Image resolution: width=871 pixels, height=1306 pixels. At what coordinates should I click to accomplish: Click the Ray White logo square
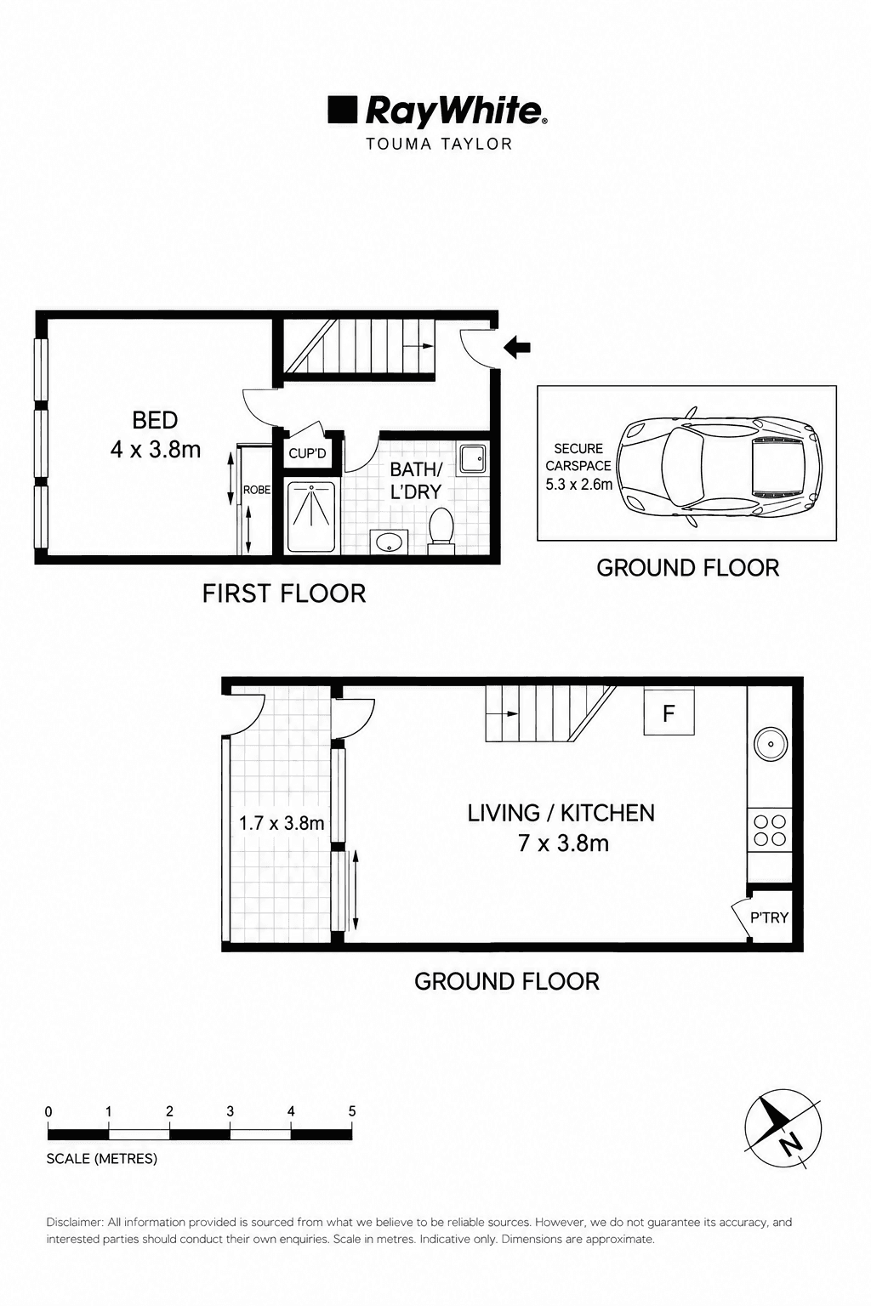click(342, 111)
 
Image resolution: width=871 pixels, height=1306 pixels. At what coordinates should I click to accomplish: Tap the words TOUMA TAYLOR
click(439, 144)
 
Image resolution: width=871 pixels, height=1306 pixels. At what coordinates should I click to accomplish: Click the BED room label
click(155, 420)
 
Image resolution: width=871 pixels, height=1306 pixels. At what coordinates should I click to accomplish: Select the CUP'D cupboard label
click(307, 453)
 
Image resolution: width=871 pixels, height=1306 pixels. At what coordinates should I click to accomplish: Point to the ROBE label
click(257, 490)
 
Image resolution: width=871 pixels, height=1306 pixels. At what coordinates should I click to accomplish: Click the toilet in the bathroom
click(441, 530)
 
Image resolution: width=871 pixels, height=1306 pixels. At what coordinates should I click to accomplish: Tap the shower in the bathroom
click(310, 517)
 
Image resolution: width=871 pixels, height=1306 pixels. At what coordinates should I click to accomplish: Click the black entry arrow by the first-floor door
click(517, 348)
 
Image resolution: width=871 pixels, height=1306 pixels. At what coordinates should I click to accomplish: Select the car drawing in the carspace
click(720, 467)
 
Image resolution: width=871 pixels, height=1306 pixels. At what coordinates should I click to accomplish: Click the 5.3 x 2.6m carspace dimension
click(578, 484)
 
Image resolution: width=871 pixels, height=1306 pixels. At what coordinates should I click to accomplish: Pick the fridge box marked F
click(669, 712)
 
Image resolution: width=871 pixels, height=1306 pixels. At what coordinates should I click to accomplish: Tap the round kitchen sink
click(770, 745)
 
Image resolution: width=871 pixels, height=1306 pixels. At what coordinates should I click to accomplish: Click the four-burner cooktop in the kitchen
click(770, 830)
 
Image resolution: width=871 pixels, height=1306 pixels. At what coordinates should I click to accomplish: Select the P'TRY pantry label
click(769, 917)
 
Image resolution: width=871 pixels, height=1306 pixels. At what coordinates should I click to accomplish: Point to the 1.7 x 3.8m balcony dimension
click(282, 823)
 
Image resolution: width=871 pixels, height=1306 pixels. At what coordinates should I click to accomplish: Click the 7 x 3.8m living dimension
click(563, 843)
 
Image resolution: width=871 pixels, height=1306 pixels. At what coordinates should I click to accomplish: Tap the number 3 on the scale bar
click(230, 1111)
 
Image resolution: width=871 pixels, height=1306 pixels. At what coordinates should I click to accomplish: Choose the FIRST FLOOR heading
click(283, 593)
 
